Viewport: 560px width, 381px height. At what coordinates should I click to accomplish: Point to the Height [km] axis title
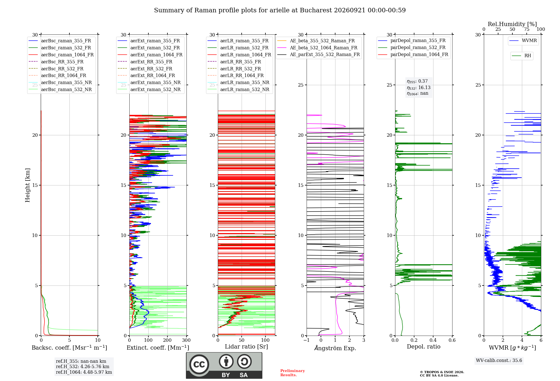pyautogui.click(x=27, y=185)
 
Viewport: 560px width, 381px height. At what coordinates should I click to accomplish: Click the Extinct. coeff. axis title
pyautogui.click(x=158, y=348)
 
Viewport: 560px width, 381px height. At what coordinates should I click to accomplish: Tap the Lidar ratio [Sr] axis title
pyautogui.click(x=246, y=347)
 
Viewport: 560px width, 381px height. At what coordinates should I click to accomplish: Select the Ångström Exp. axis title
pyautogui.click(x=335, y=348)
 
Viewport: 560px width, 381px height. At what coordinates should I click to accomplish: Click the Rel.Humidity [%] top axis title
pyautogui.click(x=512, y=24)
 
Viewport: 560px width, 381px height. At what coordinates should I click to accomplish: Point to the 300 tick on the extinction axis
pyautogui.click(x=186, y=340)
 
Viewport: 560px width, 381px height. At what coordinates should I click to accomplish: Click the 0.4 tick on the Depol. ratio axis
pyautogui.click(x=433, y=340)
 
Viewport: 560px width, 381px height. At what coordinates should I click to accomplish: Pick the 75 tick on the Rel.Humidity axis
pyautogui.click(x=527, y=29)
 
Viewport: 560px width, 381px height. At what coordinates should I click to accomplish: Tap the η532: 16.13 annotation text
pyautogui.click(x=419, y=88)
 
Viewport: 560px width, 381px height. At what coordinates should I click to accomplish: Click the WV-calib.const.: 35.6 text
pyautogui.click(x=499, y=361)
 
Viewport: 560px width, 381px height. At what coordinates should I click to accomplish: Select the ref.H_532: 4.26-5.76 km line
pyautogui.click(x=83, y=367)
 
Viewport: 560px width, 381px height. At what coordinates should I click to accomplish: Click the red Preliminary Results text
pyautogui.click(x=293, y=373)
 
